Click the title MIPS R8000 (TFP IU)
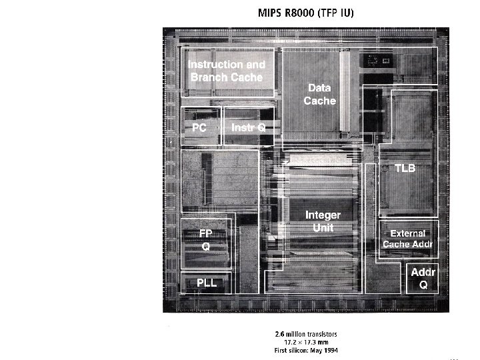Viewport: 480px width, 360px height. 306,13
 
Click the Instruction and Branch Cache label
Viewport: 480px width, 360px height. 226,71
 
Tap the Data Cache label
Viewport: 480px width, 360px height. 319,94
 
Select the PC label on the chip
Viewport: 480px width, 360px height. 199,127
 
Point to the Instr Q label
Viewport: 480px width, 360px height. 248,127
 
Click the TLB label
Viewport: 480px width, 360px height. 405,168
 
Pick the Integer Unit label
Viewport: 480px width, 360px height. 323,221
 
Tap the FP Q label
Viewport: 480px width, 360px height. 206,239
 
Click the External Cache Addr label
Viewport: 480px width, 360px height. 407,239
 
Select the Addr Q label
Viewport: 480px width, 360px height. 423,279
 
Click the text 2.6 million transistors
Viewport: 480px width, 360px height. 306,333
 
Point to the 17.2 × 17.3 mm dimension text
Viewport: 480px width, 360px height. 306,341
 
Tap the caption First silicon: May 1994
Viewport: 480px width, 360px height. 306,349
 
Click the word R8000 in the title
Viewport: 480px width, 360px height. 301,13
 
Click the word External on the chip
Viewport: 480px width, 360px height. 407,233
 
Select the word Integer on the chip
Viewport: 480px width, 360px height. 323,215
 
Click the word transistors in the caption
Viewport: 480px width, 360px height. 322,333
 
